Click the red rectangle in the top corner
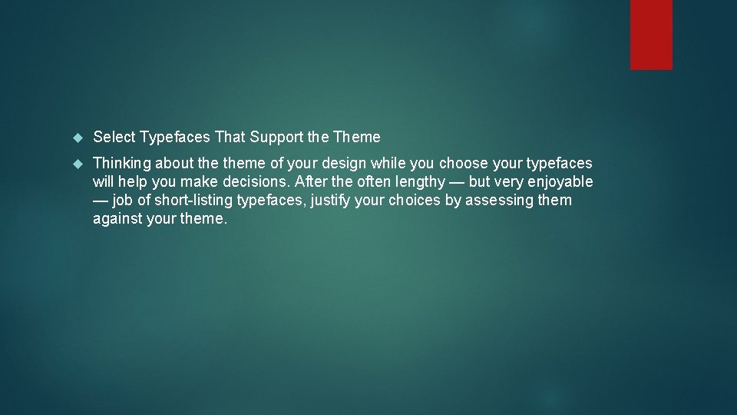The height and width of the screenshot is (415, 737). click(x=651, y=35)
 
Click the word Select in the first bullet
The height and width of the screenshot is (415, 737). click(x=114, y=137)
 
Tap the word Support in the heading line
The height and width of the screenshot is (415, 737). click(x=276, y=137)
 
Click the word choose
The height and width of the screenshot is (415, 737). click(x=464, y=163)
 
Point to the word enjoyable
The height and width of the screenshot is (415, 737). click(x=560, y=182)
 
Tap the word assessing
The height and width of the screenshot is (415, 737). click(x=498, y=201)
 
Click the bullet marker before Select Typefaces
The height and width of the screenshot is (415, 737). click(x=76, y=138)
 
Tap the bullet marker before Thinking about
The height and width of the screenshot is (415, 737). click(x=76, y=164)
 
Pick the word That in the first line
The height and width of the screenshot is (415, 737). click(x=230, y=137)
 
